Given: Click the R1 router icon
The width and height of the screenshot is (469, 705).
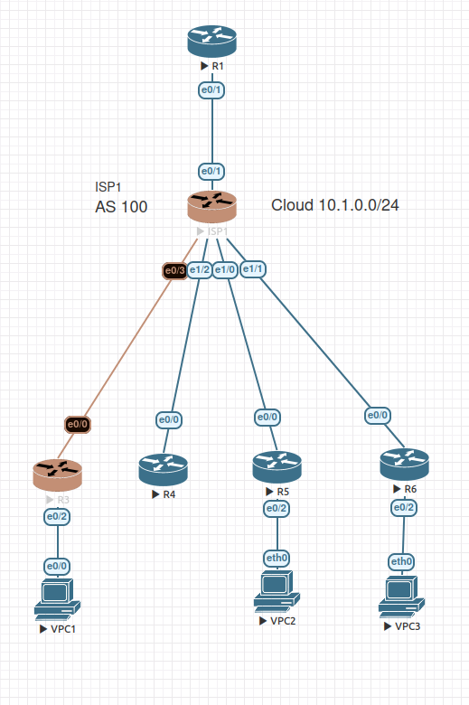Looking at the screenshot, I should tap(211, 42).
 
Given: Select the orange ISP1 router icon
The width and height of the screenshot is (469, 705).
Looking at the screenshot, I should tap(211, 207).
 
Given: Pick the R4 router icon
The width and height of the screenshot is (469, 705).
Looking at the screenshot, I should tap(163, 470).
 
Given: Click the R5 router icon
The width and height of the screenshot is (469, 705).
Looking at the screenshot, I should tap(277, 466).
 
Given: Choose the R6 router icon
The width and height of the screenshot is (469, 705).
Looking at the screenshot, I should tap(404, 465).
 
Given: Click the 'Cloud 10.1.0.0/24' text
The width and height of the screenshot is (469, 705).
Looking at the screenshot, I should tap(335, 205).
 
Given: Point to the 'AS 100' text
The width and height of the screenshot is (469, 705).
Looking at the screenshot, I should tap(121, 207).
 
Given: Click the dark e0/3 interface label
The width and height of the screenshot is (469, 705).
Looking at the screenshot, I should tap(174, 269).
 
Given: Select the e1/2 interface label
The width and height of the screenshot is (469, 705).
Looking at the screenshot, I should tap(200, 269).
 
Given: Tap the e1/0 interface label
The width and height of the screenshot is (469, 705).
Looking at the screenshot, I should tap(225, 269).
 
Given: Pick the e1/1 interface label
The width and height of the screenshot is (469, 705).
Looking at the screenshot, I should tap(253, 268).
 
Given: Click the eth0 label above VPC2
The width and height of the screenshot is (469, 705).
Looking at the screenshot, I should tap(277, 558).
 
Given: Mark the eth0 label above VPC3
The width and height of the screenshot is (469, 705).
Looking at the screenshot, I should tap(402, 562).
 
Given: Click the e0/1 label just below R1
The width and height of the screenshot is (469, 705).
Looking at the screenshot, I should tap(211, 89).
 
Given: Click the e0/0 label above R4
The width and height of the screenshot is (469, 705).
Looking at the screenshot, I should tap(169, 419).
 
